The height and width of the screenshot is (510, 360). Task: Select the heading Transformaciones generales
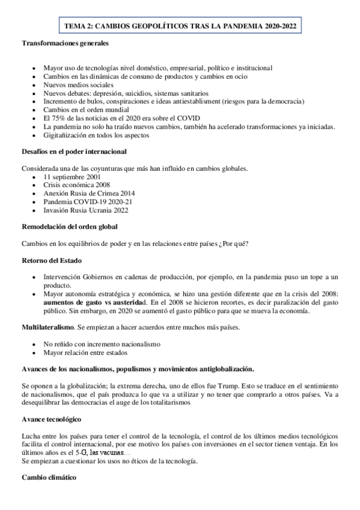pos(66,44)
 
